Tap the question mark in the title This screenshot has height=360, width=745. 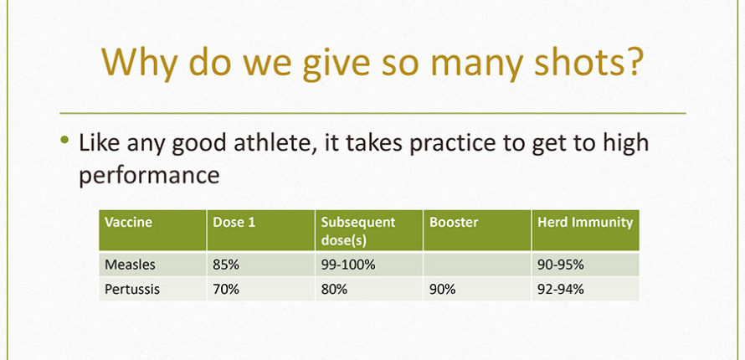pos(630,61)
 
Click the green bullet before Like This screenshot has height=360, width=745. pos(64,140)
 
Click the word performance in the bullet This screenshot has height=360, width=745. pos(149,175)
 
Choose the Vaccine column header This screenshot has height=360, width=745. pos(128,222)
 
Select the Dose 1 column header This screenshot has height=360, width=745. pos(234,222)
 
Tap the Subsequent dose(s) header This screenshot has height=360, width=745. pos(358,231)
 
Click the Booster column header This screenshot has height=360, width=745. pos(454,222)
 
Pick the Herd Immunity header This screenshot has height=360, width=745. pos(585,222)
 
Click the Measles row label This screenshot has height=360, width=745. pos(130,265)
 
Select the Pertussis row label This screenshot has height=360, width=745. pos(132,289)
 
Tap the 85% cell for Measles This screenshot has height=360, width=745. pos(226,265)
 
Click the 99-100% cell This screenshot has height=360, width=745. pos(348,265)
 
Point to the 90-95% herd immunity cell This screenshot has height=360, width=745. pos(561,265)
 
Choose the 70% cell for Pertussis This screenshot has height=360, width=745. pos(226,289)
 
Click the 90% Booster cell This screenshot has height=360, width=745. pos(442,289)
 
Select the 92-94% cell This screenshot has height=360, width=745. pos(561,289)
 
